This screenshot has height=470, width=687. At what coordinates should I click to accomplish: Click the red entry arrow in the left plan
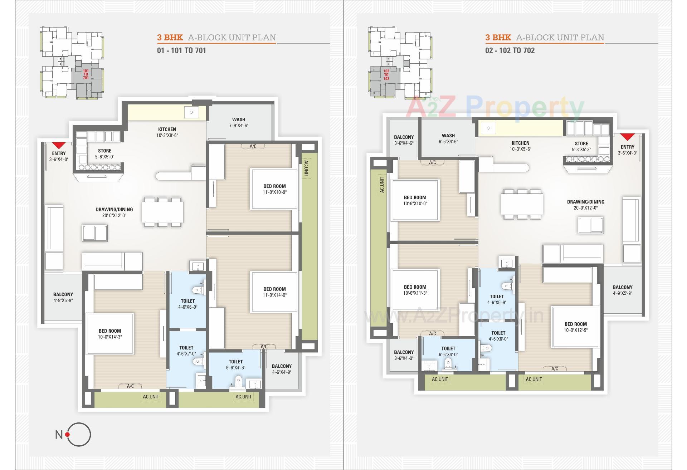click(59, 145)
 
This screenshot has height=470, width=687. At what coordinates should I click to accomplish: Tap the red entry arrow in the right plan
click(627, 137)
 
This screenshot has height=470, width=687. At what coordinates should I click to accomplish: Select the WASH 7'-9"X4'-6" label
click(239, 122)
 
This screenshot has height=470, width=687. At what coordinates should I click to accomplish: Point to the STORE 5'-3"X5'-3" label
click(581, 146)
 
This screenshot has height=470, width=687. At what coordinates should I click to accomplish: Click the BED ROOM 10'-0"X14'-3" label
click(110, 334)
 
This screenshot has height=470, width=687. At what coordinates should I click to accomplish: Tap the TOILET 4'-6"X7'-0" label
click(186, 351)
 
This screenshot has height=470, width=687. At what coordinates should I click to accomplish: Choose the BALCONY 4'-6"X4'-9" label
click(282, 369)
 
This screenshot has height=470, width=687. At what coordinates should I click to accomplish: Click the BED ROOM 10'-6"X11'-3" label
click(415, 290)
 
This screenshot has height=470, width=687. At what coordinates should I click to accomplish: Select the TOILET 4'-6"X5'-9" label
click(497, 299)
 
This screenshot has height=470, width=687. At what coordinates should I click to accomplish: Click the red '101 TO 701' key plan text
click(86, 74)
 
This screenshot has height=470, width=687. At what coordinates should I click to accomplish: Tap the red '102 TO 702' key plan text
click(386, 75)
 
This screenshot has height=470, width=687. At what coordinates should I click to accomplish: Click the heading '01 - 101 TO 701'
click(181, 50)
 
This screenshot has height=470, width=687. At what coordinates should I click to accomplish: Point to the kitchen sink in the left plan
click(191, 112)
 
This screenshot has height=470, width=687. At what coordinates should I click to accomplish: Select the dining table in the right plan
click(522, 204)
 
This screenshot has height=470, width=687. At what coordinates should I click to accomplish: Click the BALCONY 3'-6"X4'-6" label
click(404, 140)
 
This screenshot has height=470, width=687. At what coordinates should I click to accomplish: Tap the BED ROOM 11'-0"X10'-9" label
click(274, 189)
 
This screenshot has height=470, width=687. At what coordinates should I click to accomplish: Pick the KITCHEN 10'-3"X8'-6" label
click(167, 132)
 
